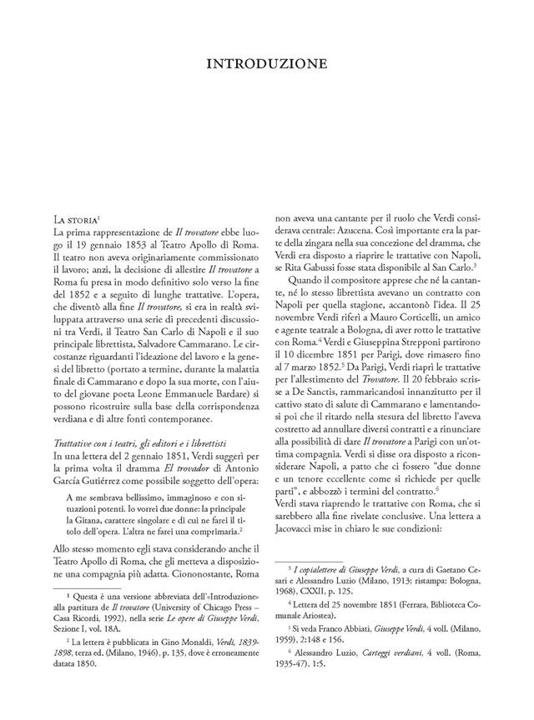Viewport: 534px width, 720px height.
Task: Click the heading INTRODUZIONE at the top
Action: (x=268, y=62)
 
